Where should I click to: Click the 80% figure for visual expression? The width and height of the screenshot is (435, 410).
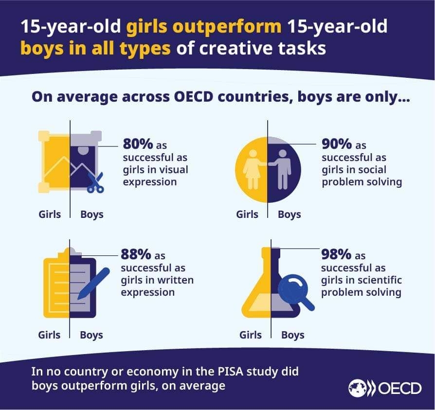coord(138,144)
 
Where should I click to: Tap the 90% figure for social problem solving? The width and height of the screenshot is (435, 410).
coord(337,144)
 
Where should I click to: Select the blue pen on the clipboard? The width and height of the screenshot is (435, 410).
coord(93,283)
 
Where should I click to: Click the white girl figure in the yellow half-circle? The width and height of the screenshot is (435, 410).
coord(254,168)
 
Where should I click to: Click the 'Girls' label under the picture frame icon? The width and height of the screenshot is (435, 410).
coord(50,214)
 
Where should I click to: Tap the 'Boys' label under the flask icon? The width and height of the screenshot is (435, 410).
coord(293,335)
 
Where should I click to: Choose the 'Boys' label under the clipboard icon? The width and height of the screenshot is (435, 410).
coord(91,335)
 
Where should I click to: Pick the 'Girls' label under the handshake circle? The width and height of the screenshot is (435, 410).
coord(247,214)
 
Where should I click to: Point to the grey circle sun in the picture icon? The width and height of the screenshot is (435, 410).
coord(84,151)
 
